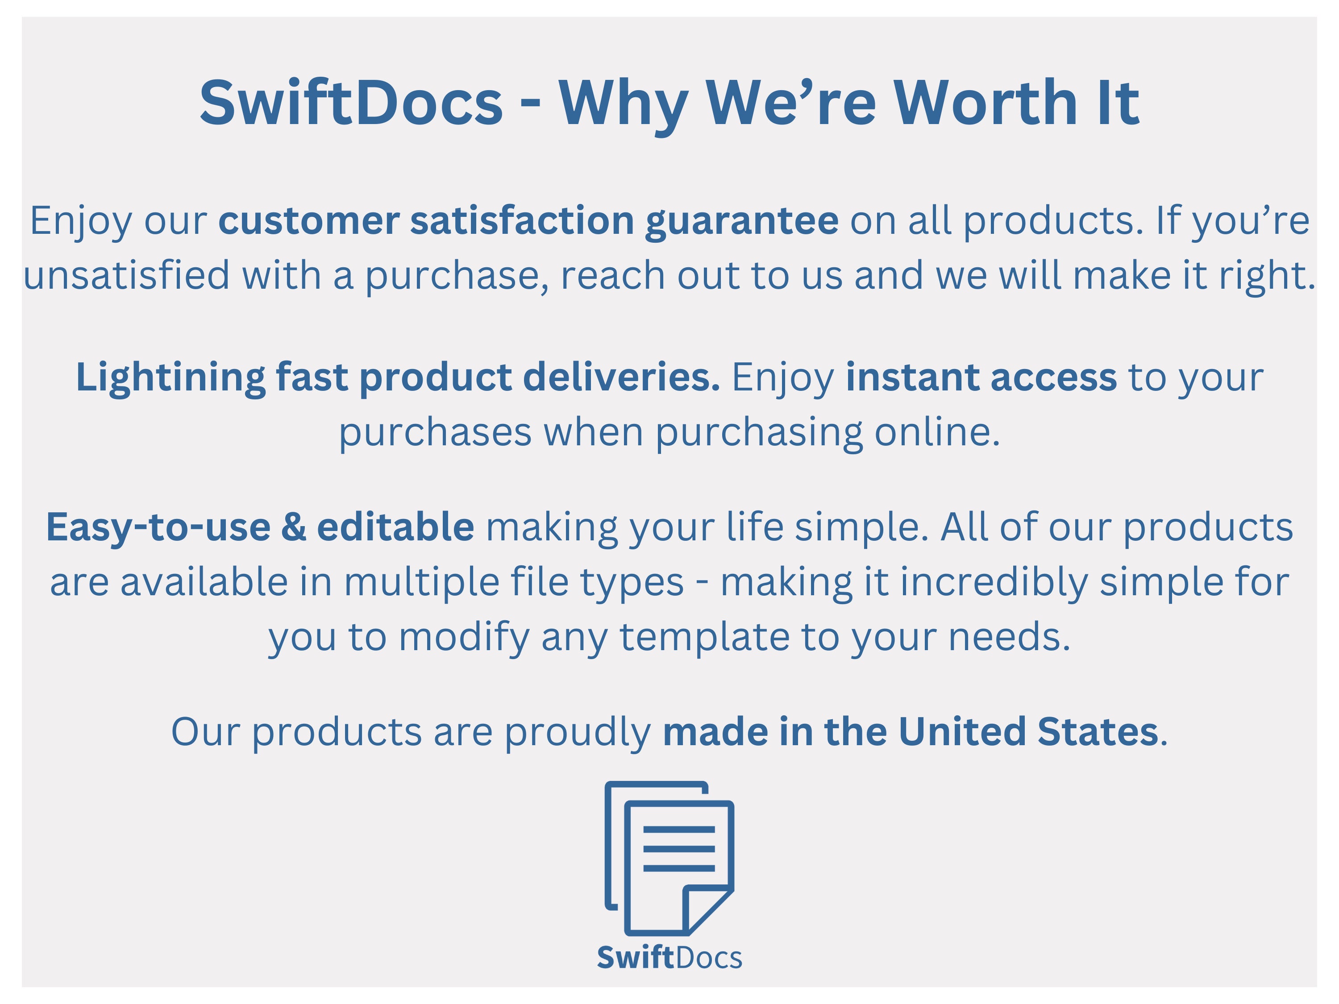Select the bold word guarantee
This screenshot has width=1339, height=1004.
point(741,221)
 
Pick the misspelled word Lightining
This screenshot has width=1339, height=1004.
point(170,378)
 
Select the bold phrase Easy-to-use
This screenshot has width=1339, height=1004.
point(158,528)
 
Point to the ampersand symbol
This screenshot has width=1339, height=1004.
point(294,527)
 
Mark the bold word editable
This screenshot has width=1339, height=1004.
point(395,526)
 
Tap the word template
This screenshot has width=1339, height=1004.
point(705,638)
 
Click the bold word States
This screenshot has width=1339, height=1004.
point(1098,732)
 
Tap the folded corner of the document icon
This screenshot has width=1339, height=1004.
point(707,909)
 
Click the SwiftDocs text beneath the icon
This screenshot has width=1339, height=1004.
point(669,958)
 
